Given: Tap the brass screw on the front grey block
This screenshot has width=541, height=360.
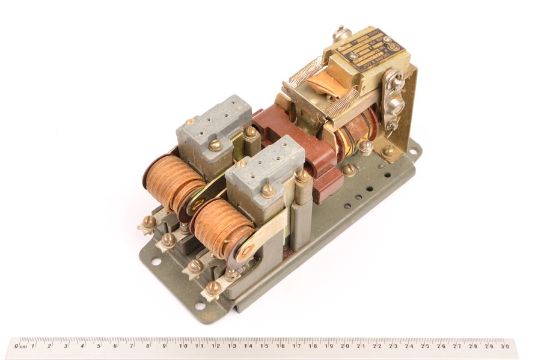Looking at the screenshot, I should click(x=268, y=191).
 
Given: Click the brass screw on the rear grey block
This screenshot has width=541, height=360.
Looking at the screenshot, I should click(x=215, y=144).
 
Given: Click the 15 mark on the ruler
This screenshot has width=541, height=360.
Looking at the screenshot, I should click(x=264, y=346).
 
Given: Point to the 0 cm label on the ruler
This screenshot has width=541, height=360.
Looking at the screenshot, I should click(x=22, y=346).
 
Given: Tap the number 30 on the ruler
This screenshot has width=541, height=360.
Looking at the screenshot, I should click(x=506, y=346).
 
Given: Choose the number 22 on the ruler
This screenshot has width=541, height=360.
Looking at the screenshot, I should click(x=377, y=346).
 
